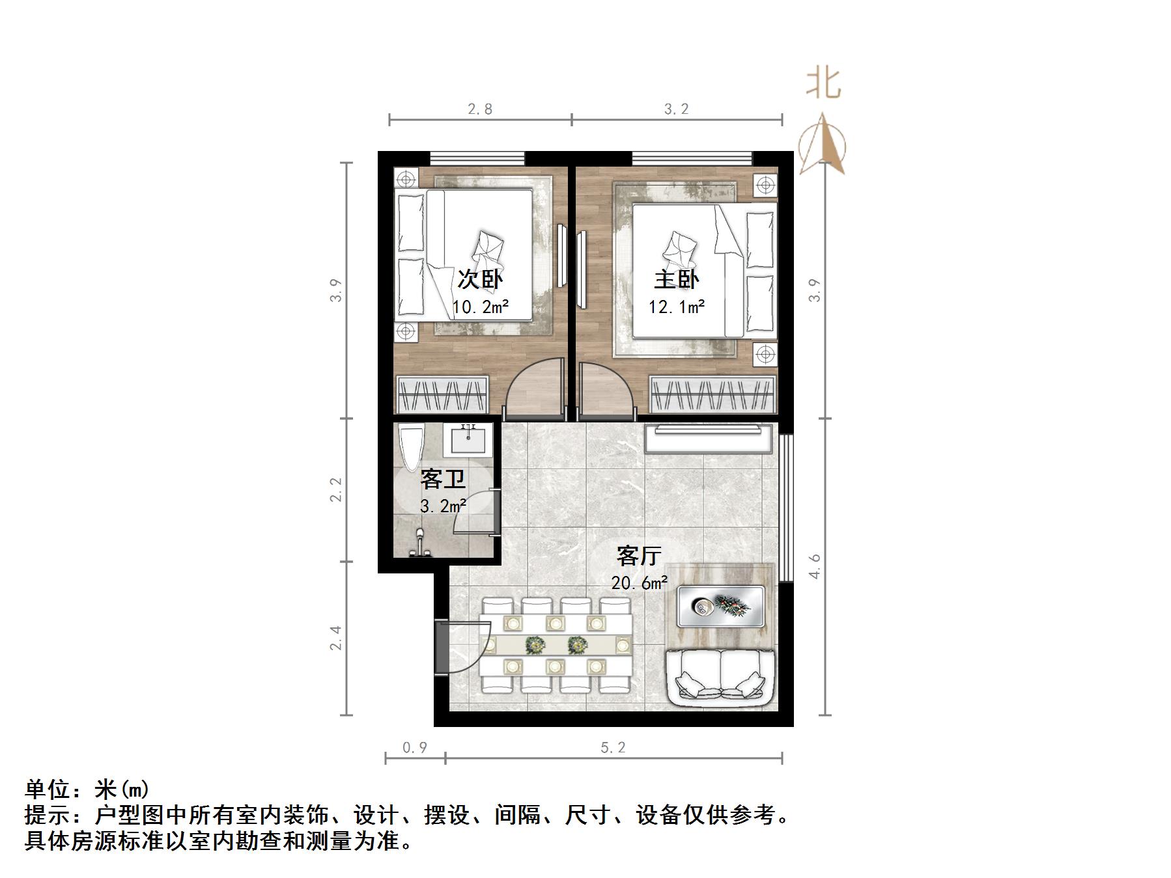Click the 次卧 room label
tap(480, 279)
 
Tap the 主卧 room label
tap(677, 279)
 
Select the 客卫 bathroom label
tap(443, 480)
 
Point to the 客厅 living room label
tap(639, 556)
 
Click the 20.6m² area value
tap(639, 583)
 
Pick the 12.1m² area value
tap(677, 307)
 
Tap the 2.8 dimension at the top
tap(480, 109)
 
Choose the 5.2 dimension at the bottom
tap(613, 748)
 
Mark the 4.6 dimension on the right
tap(815, 566)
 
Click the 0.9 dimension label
tap(415, 748)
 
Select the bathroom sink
tap(468, 440)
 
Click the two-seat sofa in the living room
tap(720, 677)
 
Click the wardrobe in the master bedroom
tap(712, 394)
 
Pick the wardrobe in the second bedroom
tap(442, 394)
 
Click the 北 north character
tap(824, 83)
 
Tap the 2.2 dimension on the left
tap(336, 489)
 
